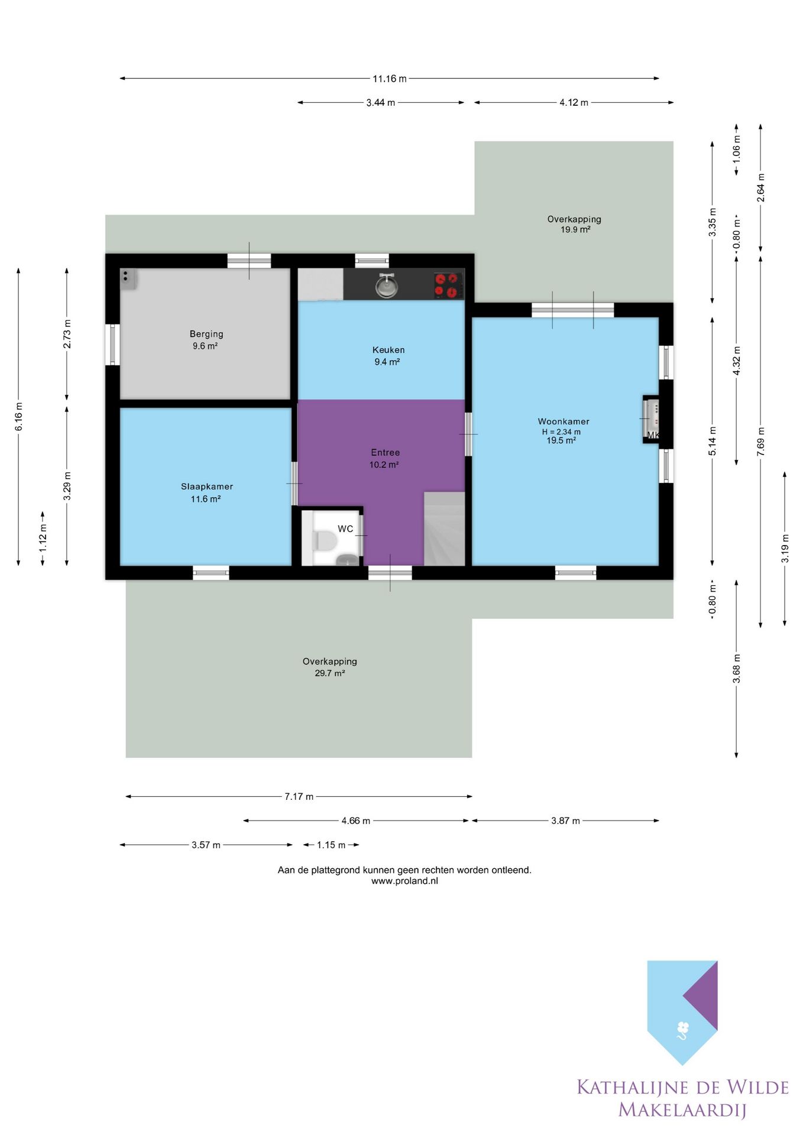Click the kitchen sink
click(387, 286)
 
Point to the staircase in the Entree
click(444, 528)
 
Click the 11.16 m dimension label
click(390, 79)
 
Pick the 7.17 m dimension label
click(299, 797)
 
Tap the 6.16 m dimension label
click(19, 417)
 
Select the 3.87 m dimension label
click(566, 821)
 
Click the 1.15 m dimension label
click(331, 845)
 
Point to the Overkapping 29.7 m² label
click(330, 667)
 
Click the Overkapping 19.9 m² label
click(574, 224)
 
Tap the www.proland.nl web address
click(404, 881)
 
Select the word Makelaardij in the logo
click(682, 1110)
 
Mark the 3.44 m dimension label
click(381, 103)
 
